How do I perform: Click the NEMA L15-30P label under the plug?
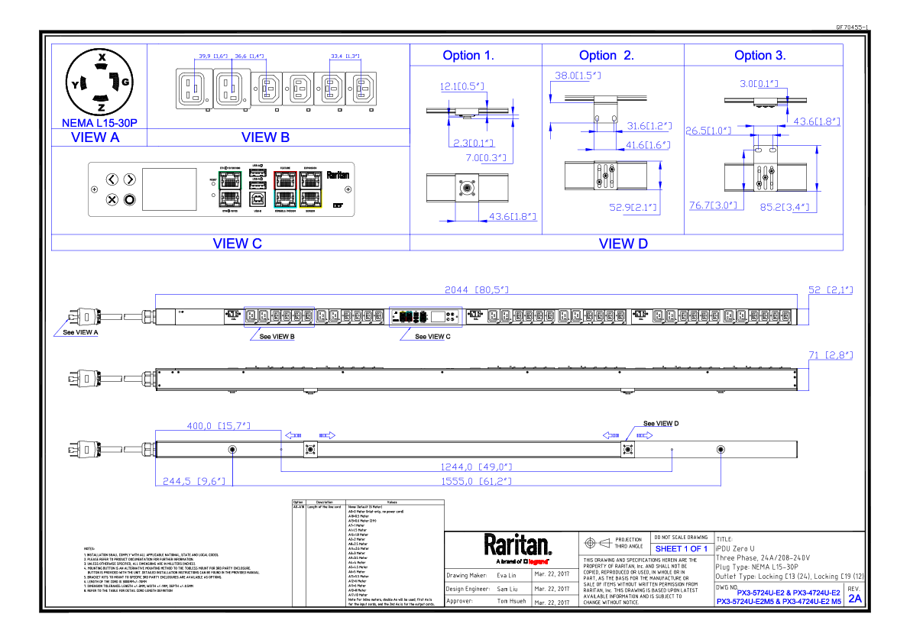(99, 122)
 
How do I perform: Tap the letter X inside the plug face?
(100, 57)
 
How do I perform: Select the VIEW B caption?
(265, 137)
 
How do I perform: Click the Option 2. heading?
(607, 55)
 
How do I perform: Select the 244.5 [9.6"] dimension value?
(193, 481)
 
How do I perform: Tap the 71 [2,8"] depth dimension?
(831, 355)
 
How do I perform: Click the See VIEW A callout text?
(80, 332)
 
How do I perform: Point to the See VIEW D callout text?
(661, 423)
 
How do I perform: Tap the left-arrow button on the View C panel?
(112, 179)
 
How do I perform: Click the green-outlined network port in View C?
(229, 180)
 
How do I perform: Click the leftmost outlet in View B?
(190, 89)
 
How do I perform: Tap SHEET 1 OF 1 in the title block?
(681, 548)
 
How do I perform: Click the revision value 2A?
(854, 599)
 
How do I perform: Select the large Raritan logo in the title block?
(517, 545)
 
